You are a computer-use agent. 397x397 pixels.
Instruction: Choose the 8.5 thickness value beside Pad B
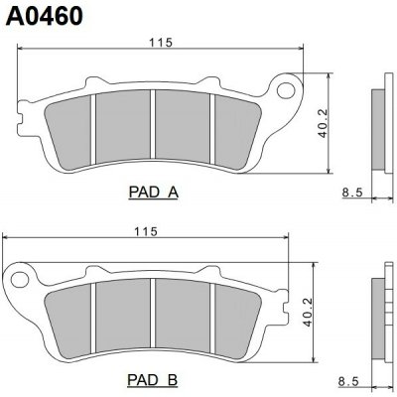point(347,380)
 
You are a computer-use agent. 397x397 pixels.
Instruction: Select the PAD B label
point(152,379)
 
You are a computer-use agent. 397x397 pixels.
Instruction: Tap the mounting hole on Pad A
point(290,91)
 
